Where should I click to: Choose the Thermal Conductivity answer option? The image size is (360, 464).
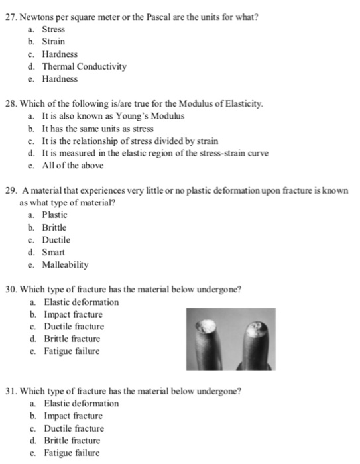point(84,66)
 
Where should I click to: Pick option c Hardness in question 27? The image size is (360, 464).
point(60,54)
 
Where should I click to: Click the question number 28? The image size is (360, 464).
point(11,104)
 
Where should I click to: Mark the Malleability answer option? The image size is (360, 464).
point(66,264)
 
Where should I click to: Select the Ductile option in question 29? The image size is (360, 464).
point(56,240)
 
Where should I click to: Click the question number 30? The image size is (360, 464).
point(11,290)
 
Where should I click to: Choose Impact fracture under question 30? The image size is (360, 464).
point(73,314)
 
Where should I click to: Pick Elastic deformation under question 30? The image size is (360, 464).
point(81,302)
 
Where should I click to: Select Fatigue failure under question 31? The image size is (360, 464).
point(72,453)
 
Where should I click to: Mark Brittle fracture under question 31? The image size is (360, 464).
point(72,441)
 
